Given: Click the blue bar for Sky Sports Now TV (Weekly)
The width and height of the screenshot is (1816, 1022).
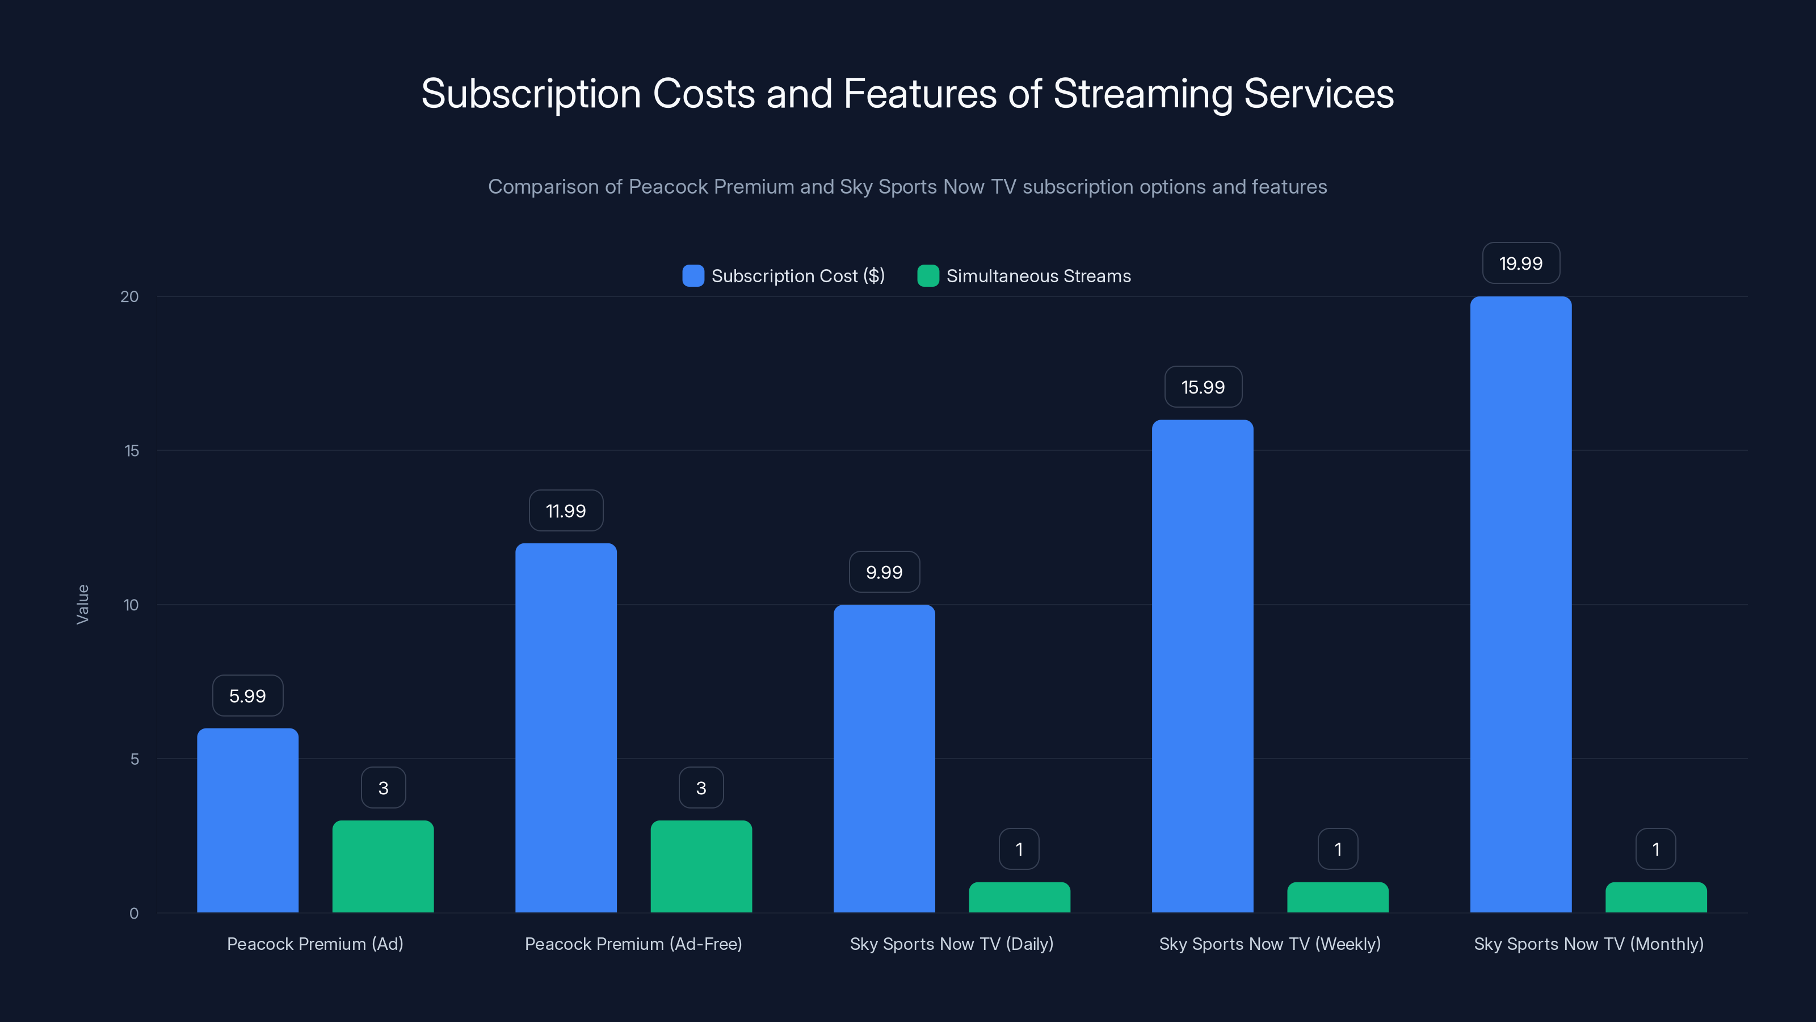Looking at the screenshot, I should pyautogui.click(x=1203, y=666).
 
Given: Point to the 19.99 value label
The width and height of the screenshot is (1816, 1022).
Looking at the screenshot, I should pyautogui.click(x=1521, y=263).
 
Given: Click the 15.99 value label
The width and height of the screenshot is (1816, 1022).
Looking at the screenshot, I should pyautogui.click(x=1203, y=387).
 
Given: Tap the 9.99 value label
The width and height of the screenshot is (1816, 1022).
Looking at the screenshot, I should pyautogui.click(x=884, y=572).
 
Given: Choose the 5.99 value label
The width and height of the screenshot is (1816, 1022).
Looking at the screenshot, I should pyautogui.click(x=247, y=696).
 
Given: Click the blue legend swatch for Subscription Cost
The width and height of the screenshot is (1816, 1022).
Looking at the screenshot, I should pyautogui.click(x=693, y=276).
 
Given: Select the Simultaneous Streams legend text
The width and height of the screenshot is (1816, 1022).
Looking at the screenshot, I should pyautogui.click(x=1039, y=276).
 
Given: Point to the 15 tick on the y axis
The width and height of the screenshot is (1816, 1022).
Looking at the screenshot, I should pyautogui.click(x=132, y=451).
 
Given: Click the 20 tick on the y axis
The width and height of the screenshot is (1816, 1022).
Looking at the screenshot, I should pyautogui.click(x=130, y=296).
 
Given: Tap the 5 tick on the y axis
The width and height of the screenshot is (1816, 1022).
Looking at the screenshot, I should pyautogui.click(x=134, y=759).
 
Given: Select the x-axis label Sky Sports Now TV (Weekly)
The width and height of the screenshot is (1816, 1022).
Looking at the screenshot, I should pyautogui.click(x=1269, y=944).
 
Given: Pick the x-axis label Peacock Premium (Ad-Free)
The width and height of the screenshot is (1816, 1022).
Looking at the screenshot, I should pyautogui.click(x=633, y=944).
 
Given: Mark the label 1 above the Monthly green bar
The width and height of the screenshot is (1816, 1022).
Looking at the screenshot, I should pyautogui.click(x=1655, y=849).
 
